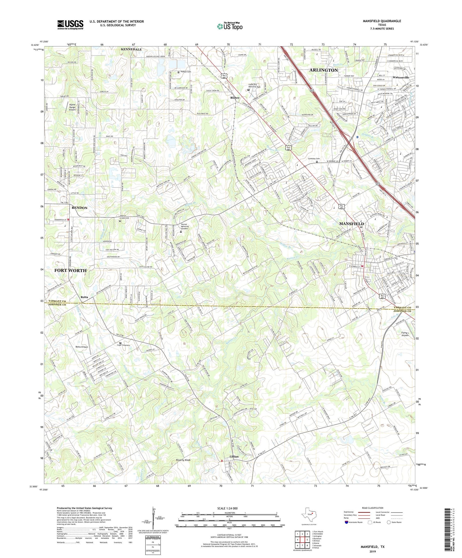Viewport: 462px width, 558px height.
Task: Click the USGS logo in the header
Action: point(70,25)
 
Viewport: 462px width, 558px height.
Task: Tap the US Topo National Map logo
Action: point(229,26)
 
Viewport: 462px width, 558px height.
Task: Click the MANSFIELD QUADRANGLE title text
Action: point(382,21)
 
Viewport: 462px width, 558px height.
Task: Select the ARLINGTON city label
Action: point(323,70)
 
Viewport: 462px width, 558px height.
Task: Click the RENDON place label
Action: point(79,208)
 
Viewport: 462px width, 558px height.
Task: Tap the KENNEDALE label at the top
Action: point(131,49)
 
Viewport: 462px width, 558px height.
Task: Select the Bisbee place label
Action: point(235,98)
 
